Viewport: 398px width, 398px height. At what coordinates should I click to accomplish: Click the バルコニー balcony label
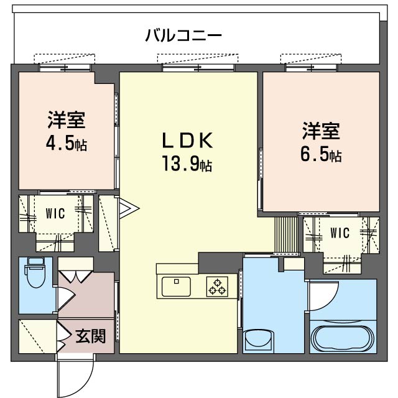pyautogui.click(x=183, y=35)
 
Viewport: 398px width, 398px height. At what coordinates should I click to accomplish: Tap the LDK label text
pyautogui.click(x=188, y=141)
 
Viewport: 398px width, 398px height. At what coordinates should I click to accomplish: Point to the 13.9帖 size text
pyautogui.click(x=187, y=164)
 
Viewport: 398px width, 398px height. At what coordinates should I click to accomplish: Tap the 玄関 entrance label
pyautogui.click(x=91, y=336)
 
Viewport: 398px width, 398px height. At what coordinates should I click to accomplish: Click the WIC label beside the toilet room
pyautogui.click(x=55, y=214)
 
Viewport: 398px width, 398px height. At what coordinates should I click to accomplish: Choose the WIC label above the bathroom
pyautogui.click(x=340, y=233)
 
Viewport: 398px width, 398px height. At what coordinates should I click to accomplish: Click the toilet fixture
pyautogui.click(x=35, y=272)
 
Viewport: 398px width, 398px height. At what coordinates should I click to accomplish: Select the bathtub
pyautogui.click(x=343, y=337)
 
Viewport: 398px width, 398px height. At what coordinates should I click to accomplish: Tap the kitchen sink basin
pyautogui.click(x=176, y=287)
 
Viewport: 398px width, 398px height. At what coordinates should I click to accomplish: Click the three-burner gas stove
pyautogui.click(x=217, y=287)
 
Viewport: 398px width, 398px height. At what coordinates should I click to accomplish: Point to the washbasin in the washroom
pyautogui.click(x=259, y=338)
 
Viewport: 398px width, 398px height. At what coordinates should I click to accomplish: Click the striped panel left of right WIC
pyautogui.click(x=286, y=234)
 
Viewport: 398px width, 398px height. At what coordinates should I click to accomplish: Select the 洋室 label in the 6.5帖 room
pyautogui.click(x=321, y=131)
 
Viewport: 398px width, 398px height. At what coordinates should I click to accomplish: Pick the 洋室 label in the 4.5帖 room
pyautogui.click(x=67, y=120)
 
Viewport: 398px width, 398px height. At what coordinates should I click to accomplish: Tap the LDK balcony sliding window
pyautogui.click(x=198, y=68)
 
